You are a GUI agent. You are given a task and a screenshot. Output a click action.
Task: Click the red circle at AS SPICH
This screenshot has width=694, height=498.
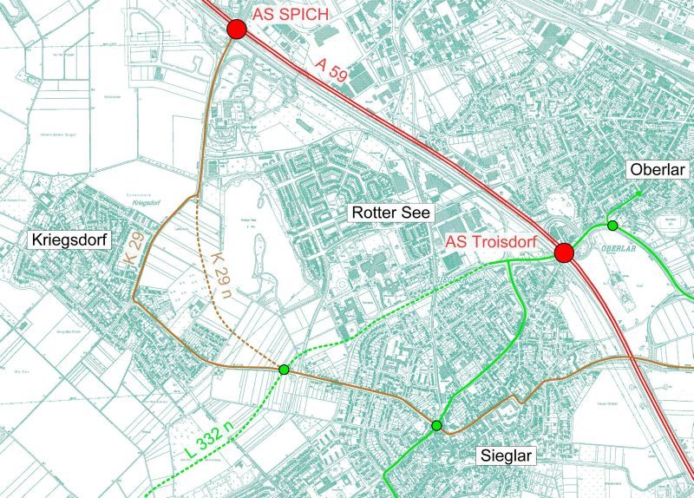point(237,29)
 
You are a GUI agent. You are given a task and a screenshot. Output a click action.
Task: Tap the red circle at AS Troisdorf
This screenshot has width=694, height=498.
point(565,252)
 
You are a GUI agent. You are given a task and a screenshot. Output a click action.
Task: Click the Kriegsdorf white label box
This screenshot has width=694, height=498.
point(71,239)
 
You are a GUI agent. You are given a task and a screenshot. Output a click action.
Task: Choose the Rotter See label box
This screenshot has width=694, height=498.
point(390,213)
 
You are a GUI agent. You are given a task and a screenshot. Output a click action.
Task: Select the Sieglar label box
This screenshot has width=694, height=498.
point(507,455)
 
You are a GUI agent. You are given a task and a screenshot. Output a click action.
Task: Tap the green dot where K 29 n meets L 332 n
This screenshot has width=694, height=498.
point(284,370)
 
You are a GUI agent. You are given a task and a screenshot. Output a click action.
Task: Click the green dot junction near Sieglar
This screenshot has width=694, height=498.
point(436,425)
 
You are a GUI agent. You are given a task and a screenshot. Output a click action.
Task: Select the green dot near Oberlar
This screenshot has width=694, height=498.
point(612,226)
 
